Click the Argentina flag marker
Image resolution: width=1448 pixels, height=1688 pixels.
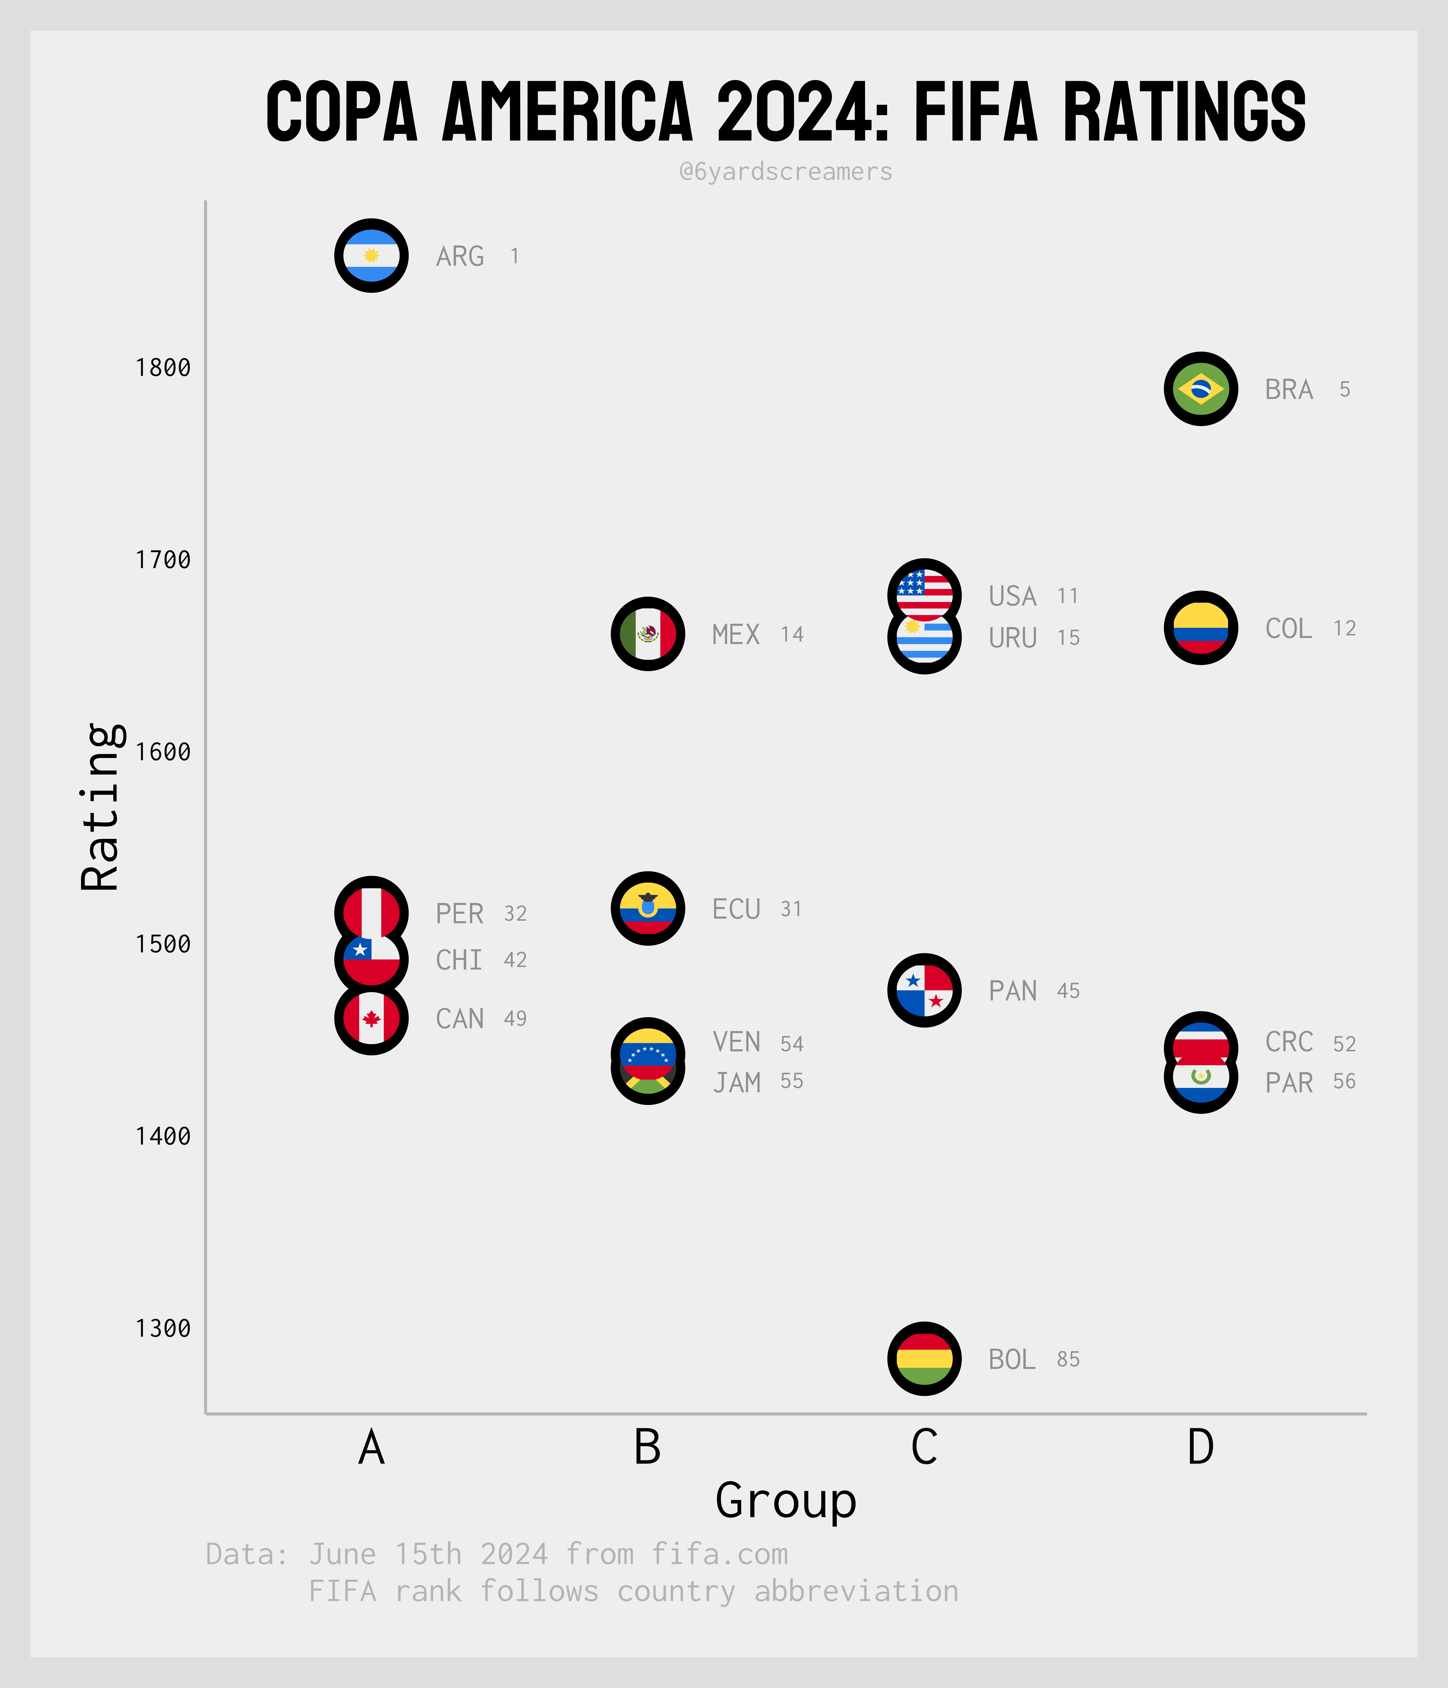371,256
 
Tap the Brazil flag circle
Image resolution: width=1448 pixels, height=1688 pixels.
1200,390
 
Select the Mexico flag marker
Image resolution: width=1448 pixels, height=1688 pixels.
648,634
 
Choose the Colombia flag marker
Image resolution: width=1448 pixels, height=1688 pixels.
1200,628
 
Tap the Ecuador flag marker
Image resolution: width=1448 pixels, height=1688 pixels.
648,908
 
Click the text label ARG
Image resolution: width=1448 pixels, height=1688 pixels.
460,257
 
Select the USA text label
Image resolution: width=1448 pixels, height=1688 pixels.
1012,596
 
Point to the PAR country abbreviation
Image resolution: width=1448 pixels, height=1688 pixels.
1288,1083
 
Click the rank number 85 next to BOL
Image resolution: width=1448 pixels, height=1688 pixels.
1068,1360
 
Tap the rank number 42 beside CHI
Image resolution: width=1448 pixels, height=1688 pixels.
515,960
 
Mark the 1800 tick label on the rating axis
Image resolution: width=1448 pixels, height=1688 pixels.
163,368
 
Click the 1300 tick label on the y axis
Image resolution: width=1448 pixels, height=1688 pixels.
163,1329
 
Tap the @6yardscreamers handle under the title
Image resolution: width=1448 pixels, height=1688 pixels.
786,172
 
